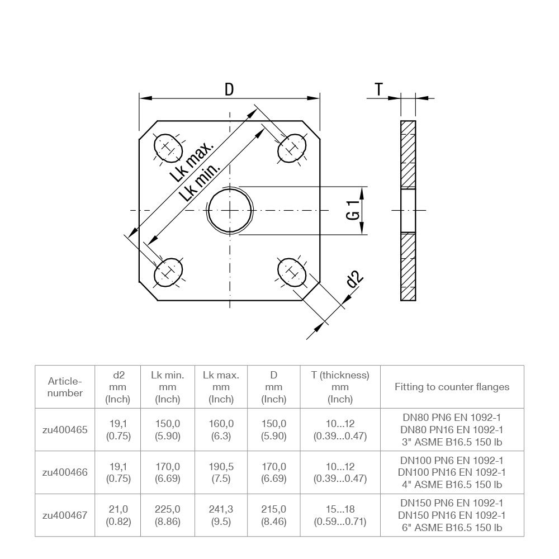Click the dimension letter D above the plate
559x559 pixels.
tap(229, 89)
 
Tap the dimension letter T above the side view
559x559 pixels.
tap(379, 89)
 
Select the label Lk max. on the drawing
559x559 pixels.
tap(192, 162)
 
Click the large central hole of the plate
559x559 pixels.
tap(230, 210)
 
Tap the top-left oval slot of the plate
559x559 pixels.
tap(168, 148)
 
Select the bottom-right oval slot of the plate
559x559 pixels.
tap(292, 272)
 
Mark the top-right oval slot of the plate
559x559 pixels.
tap(292, 148)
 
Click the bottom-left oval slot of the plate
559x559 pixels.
tap(168, 272)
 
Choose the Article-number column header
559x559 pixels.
tap(65, 387)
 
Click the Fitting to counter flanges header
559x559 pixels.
tap(452, 387)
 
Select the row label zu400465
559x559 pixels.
tap(65, 430)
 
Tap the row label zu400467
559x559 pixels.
tap(65, 515)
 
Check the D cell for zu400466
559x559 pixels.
tap(274, 472)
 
